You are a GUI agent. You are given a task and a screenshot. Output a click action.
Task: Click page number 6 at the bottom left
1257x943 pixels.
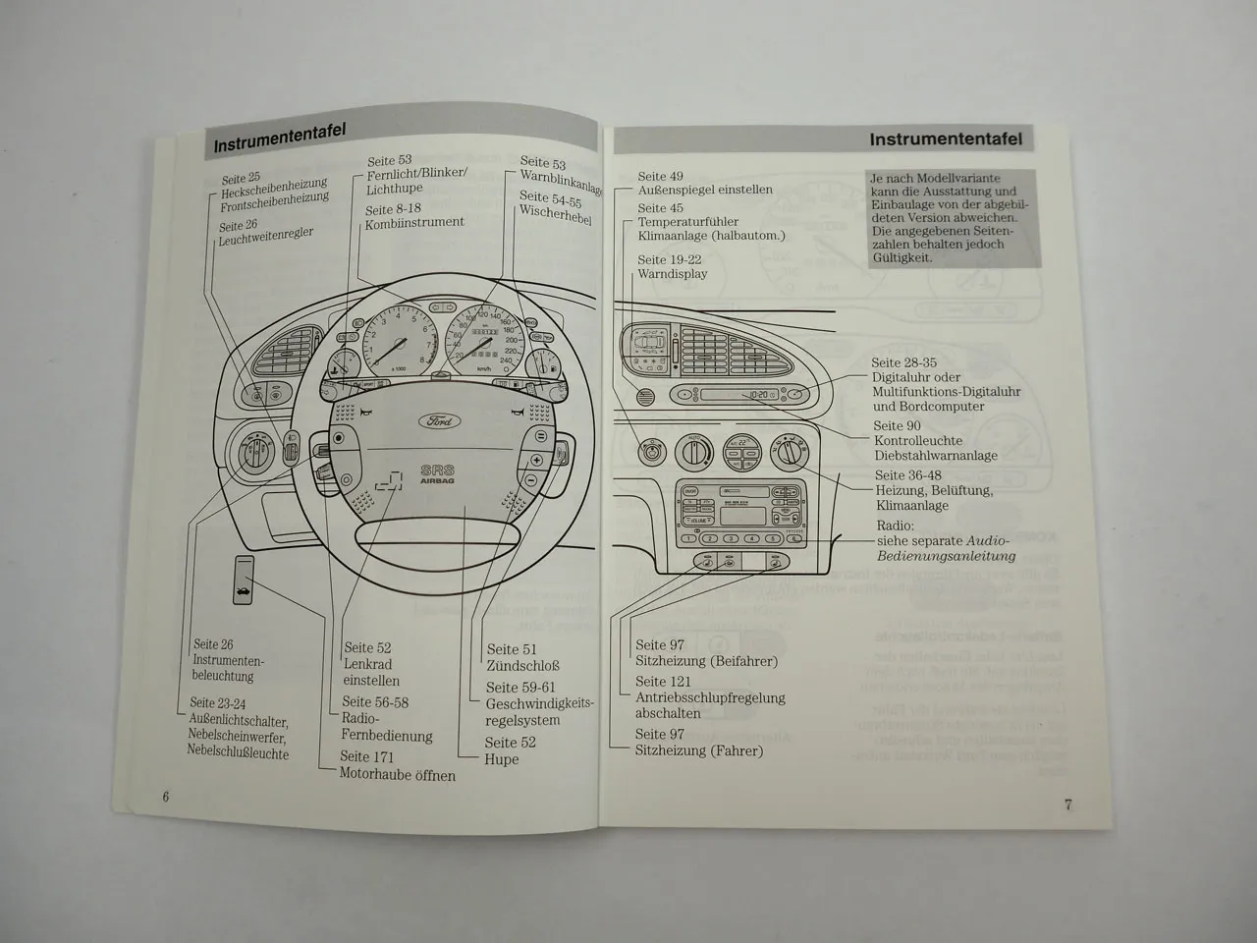click(x=166, y=797)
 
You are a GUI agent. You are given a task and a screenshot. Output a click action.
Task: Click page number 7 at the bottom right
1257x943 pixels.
click(x=1068, y=804)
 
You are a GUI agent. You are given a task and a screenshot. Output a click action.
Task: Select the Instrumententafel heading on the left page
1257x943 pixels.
click(x=279, y=139)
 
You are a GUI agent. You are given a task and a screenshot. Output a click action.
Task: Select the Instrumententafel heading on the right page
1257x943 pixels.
click(x=945, y=139)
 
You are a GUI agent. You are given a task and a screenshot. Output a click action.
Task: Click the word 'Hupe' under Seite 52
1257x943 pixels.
click(x=502, y=759)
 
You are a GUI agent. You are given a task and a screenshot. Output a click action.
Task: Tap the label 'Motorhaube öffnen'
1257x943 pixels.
click(x=397, y=775)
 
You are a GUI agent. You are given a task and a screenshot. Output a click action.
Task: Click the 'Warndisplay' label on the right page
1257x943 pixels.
click(x=672, y=275)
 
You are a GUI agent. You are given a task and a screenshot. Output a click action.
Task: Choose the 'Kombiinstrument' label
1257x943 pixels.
click(x=414, y=223)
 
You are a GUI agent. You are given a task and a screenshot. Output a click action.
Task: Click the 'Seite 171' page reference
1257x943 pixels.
click(x=367, y=756)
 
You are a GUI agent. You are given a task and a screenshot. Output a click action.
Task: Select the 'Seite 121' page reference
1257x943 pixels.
click(x=663, y=682)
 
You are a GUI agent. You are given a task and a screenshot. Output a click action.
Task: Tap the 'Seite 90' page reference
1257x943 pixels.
click(x=897, y=426)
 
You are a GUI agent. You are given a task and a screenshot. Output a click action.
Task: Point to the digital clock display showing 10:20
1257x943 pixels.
click(x=757, y=395)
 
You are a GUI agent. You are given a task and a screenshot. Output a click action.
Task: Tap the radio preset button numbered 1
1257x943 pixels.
click(x=689, y=538)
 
